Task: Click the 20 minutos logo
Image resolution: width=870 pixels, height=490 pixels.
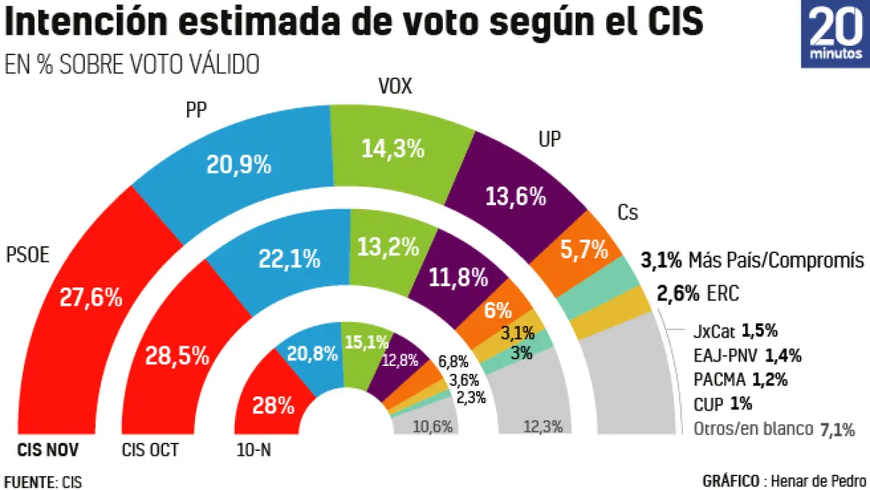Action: [x=834, y=34]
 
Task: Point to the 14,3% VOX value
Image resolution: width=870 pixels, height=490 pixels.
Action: [x=392, y=148]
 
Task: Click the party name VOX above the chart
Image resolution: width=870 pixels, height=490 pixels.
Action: [x=395, y=88]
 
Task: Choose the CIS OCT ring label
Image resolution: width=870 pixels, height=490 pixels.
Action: [x=150, y=451]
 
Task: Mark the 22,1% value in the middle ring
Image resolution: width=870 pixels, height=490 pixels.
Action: [x=289, y=258]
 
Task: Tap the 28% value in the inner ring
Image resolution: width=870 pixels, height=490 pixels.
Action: [x=273, y=405]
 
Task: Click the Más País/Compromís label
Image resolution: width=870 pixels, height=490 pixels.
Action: [x=776, y=260]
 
